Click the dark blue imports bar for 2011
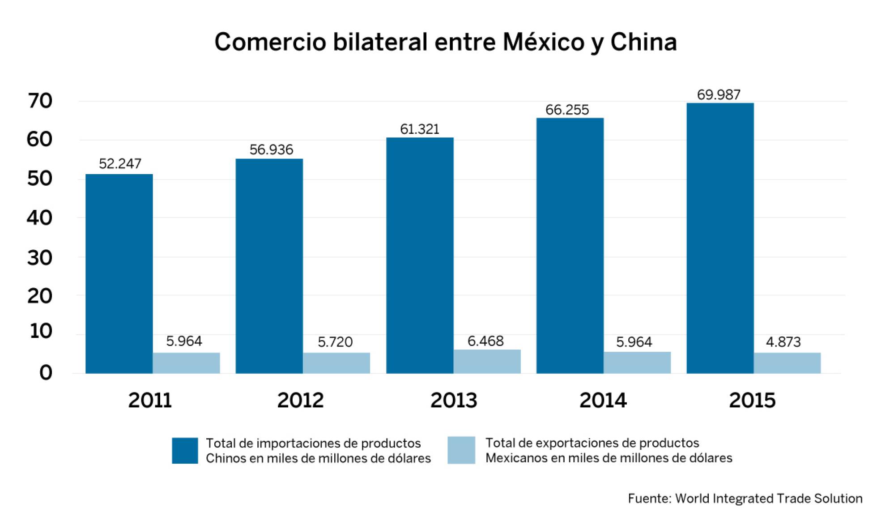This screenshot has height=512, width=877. (x=119, y=273)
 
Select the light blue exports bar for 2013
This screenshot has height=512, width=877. (x=487, y=362)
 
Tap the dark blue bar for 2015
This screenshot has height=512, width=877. (x=720, y=238)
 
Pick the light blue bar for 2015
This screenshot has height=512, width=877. (x=787, y=363)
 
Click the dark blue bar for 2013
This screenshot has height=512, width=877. (x=420, y=255)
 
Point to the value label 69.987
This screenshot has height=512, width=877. (x=719, y=95)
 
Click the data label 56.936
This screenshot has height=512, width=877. (x=271, y=149)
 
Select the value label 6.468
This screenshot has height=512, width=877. (x=485, y=341)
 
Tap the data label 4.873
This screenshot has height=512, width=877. (x=783, y=342)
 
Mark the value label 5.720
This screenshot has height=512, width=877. (x=335, y=342)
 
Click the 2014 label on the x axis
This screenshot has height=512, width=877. (x=603, y=400)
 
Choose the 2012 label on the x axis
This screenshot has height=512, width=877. (x=300, y=400)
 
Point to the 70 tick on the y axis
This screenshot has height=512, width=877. (x=40, y=101)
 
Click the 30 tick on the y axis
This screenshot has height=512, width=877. (x=40, y=258)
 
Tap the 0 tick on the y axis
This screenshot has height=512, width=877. (x=46, y=373)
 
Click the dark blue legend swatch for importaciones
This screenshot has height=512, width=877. (x=185, y=450)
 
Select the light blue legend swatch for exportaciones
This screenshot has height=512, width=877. (x=461, y=450)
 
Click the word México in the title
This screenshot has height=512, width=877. (x=543, y=43)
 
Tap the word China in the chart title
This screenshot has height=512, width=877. (x=643, y=43)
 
